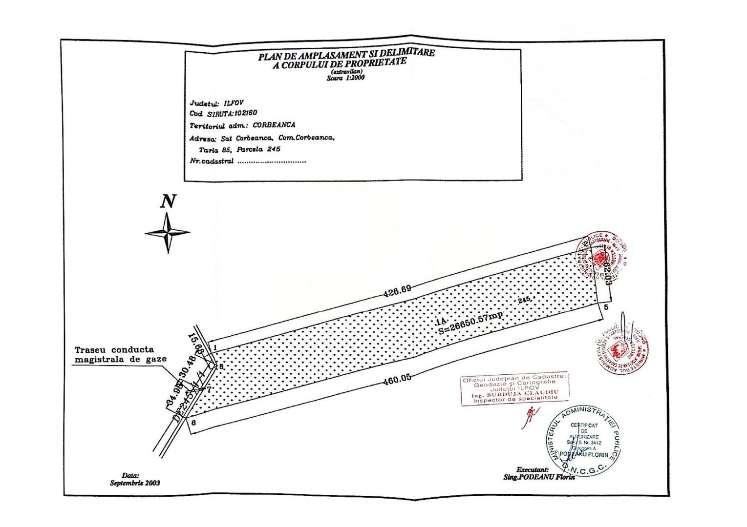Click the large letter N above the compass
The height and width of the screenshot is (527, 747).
coord(168,201)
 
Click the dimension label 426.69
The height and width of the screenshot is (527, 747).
coord(397,291)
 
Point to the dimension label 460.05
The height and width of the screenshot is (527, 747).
coord(397,378)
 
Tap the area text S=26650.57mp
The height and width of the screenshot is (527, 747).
coord(470,321)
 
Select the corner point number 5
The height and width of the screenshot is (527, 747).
coord(606,307)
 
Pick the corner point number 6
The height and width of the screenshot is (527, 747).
coord(194,423)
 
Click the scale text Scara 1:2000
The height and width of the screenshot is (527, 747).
coord(345,78)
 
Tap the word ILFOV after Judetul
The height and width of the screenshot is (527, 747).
coord(234,103)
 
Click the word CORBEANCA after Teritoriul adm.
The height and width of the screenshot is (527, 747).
coord(274,125)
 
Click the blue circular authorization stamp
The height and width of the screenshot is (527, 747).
coord(583,441)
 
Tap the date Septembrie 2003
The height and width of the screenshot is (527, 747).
coord(135,483)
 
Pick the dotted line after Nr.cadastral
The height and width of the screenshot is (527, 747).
coord(272,162)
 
